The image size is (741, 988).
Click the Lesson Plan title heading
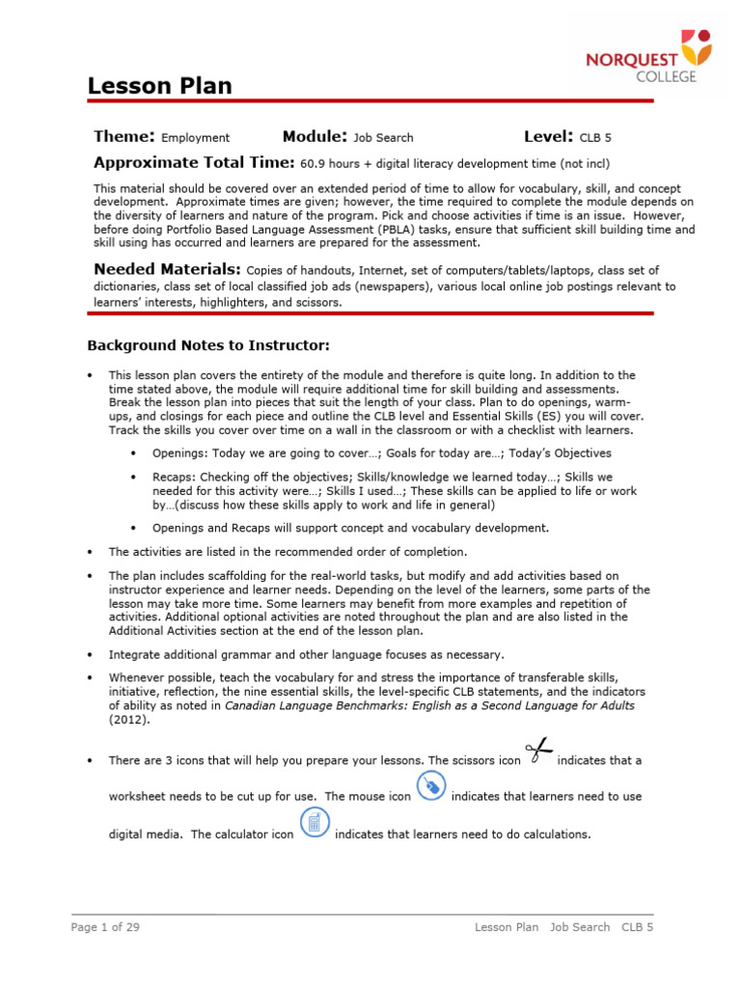160,86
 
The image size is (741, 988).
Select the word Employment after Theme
195,138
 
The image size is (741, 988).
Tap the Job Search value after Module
383,138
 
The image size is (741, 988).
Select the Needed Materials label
167,270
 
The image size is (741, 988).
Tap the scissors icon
539,754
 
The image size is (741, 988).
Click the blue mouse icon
431,788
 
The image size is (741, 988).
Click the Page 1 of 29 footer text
105,927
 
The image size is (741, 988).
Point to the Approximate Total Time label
194,163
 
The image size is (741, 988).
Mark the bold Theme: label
124,137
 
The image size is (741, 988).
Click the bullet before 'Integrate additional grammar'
90,654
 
